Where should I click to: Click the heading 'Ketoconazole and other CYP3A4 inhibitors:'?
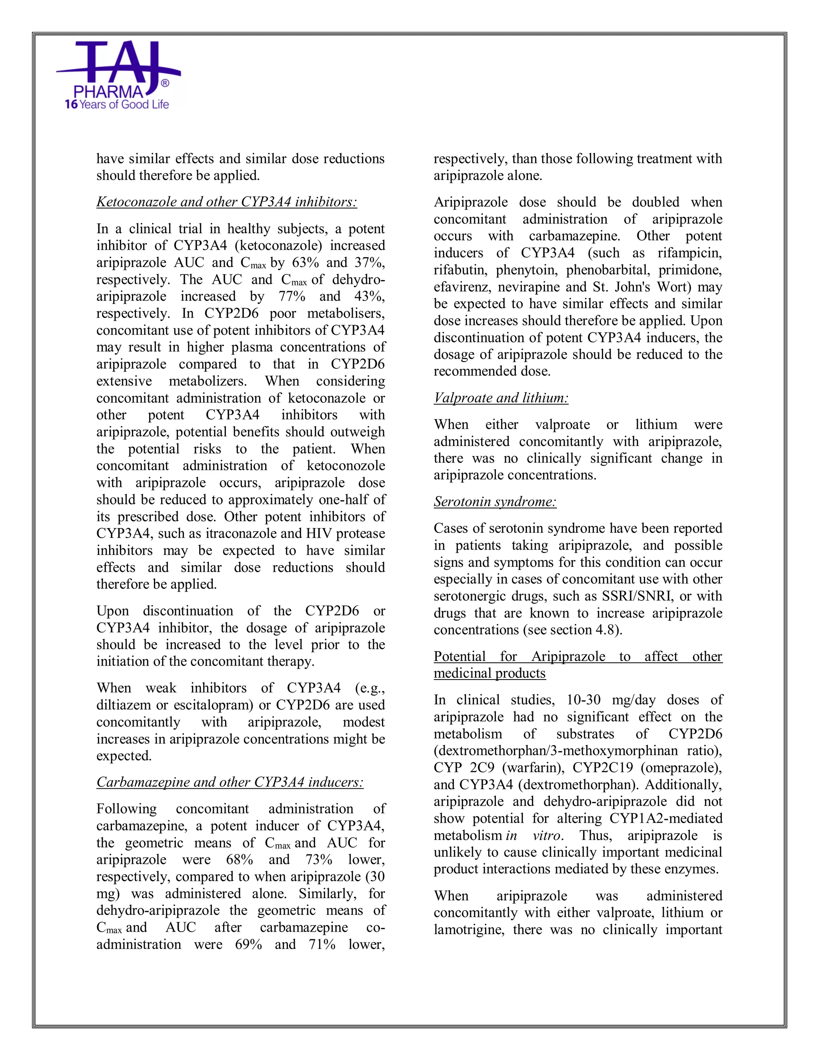pos(227,202)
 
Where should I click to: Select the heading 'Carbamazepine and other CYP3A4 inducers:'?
pos(230,782)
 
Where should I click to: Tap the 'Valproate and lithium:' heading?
pos(501,398)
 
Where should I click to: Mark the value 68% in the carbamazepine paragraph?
pos(240,860)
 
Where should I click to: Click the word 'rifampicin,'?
pos(689,253)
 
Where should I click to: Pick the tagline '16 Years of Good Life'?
pos(117,104)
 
